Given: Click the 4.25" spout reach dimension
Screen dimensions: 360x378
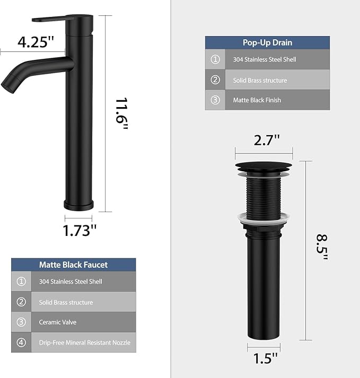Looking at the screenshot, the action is (x=36, y=42).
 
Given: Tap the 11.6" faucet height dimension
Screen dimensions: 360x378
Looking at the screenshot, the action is (x=121, y=113).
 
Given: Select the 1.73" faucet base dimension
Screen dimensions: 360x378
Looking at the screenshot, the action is (x=80, y=230).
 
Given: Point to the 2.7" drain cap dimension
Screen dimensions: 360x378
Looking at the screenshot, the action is (x=267, y=140).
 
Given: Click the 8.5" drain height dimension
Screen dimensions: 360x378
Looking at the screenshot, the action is (x=322, y=247).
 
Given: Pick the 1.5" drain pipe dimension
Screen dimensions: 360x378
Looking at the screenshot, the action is (x=266, y=358).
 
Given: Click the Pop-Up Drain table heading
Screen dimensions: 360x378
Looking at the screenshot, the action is (x=267, y=42).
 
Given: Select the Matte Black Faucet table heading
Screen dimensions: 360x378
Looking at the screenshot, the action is (x=73, y=265).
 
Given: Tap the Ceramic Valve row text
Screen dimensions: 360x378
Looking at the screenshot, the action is (x=58, y=322).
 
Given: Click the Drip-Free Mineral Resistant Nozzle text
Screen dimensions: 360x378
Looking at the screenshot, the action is (x=85, y=342).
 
